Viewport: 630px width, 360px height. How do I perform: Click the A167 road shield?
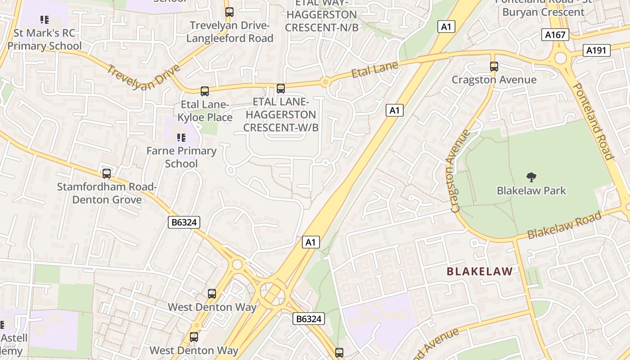click(556, 35)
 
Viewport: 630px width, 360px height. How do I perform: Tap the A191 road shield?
click(596, 50)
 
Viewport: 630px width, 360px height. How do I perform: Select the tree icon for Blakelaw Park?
click(531, 177)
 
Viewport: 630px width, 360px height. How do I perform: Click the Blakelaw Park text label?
click(531, 190)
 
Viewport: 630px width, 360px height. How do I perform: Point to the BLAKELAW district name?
click(479, 271)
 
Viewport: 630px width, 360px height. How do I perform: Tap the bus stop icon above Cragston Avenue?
click(494, 67)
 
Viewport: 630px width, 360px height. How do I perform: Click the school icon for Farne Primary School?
click(181, 137)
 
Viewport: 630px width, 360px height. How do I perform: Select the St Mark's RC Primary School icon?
click(44, 20)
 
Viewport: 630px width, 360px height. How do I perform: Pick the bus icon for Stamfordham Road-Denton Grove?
click(107, 174)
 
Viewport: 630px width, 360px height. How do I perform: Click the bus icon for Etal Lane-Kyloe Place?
click(205, 91)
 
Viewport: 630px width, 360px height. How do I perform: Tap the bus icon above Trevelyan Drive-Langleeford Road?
click(229, 12)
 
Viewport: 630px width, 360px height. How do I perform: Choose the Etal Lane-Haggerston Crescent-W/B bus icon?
click(281, 89)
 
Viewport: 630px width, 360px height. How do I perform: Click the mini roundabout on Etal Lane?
click(325, 82)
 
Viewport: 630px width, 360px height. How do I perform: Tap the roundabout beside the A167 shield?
click(560, 58)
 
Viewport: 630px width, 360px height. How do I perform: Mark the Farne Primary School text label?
click(181, 157)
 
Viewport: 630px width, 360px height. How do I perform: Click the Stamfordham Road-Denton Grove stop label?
click(107, 193)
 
